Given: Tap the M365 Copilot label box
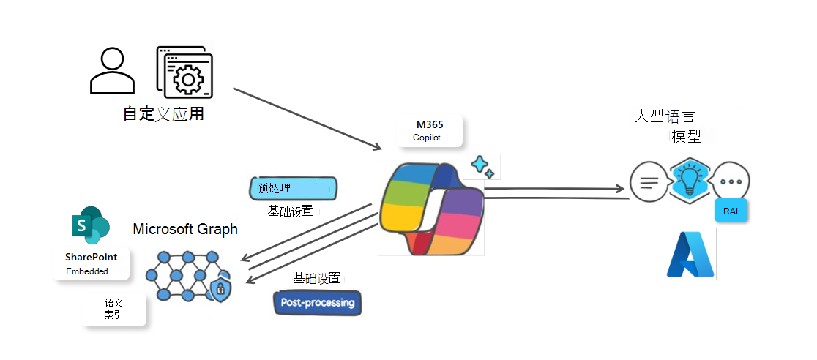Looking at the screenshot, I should coord(430,131).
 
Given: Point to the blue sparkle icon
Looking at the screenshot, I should coord(482,166).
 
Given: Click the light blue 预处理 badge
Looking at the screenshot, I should coord(293,188).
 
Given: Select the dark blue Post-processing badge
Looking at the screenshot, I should coord(317,302).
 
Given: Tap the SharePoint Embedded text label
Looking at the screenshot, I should coord(91,264).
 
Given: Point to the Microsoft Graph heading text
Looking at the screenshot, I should coord(185,229).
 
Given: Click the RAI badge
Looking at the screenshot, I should coord(730,211).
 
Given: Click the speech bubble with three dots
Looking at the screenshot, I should coord(731,180).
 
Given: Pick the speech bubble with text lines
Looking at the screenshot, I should coord(648,181).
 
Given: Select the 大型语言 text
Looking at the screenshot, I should coord(664,117).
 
